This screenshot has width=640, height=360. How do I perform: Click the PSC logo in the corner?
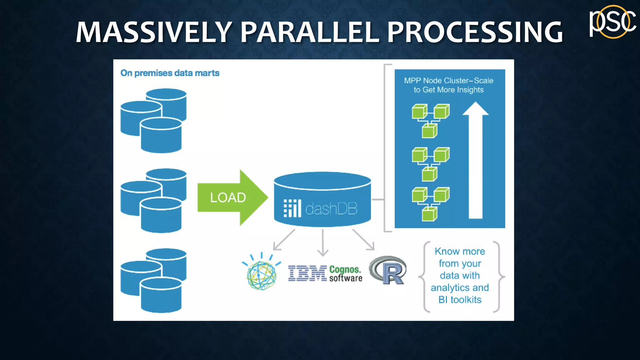tap(612, 22)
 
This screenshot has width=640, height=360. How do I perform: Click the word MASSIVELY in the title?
tap(153, 32)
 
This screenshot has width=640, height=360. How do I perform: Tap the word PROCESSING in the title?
tap(475, 32)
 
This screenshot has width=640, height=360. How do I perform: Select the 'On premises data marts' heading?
tap(170, 73)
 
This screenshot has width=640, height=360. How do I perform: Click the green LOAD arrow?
tap(231, 197)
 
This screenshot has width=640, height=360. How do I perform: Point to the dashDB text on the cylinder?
tap(331, 209)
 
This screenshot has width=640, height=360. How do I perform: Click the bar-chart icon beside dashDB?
tap(292, 208)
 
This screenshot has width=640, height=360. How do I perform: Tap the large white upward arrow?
tap(475, 162)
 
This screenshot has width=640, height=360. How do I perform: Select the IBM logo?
tap(307, 273)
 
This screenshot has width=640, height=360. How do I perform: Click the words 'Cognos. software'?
tap(345, 274)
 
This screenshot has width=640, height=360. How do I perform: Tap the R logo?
tap(388, 270)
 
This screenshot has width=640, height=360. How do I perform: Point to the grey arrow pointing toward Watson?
tap(283, 240)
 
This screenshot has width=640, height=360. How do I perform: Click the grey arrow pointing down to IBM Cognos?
tap(322, 243)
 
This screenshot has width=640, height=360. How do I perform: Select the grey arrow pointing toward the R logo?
tap(363, 240)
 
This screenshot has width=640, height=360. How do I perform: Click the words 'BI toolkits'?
tap(460, 300)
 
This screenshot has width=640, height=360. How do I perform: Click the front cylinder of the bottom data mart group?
tap(161, 295)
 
